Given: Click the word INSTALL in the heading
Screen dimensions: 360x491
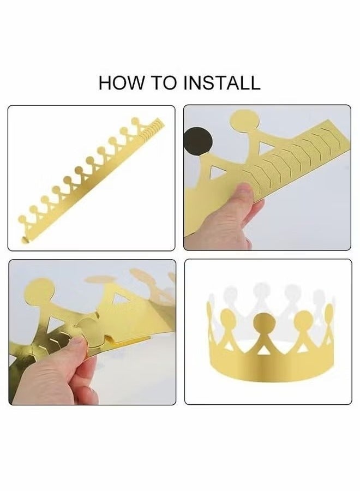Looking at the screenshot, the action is coord(221,83).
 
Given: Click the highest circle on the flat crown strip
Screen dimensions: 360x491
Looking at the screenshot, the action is coord(135,121).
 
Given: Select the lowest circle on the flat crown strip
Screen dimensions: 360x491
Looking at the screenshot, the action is coord(22,220).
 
